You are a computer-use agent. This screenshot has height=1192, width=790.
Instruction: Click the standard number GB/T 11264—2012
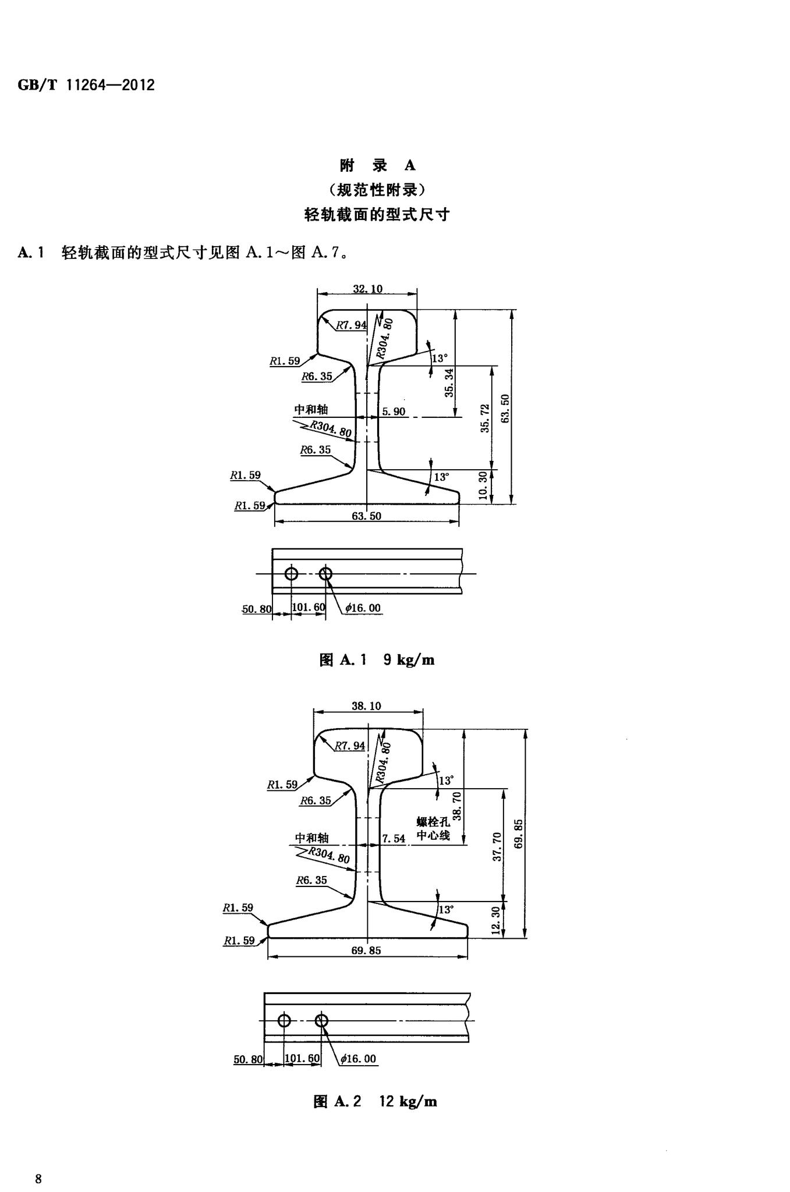86,86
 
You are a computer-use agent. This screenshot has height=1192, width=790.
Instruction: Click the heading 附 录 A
377,165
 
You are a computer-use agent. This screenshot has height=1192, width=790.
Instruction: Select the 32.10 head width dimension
367,289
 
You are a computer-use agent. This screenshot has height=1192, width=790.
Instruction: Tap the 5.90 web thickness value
394,412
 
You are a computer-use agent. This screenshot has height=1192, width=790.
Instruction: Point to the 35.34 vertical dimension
449,382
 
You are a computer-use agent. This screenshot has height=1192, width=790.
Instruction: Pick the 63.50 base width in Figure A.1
367,516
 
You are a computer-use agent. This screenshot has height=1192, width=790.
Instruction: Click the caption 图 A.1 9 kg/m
377,659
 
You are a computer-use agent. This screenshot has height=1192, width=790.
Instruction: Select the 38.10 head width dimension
366,706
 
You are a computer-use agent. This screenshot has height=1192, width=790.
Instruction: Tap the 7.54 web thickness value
394,839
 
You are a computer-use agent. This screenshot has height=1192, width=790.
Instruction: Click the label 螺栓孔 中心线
433,829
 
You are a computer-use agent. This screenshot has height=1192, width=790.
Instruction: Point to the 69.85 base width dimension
366,950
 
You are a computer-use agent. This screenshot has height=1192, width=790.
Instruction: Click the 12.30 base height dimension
496,920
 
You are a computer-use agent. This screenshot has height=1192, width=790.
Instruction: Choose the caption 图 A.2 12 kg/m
375,1101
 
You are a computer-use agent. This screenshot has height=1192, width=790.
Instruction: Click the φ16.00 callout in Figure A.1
363,608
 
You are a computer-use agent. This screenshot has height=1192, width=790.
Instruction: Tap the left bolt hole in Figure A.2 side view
284,1020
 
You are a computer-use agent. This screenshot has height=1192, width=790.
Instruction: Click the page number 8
38,1163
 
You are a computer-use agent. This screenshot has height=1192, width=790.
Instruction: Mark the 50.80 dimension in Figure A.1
257,609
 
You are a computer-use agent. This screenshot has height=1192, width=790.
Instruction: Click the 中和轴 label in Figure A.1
311,409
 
